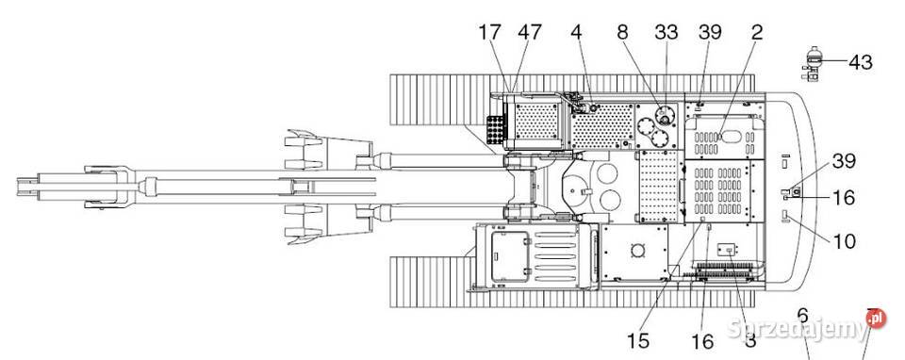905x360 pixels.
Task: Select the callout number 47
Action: coord(530,32)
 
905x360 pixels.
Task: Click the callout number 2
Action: coord(756,32)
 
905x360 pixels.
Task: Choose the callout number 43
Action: coord(860,63)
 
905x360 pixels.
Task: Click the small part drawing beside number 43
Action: coord(814,62)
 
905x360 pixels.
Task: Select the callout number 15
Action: coord(638,340)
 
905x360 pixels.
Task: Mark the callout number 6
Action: coord(802,314)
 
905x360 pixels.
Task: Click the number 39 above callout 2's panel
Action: coord(710,32)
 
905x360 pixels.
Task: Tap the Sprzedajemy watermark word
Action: coord(798,331)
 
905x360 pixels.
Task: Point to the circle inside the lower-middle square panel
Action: coord(637,251)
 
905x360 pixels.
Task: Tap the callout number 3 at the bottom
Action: coord(750,340)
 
